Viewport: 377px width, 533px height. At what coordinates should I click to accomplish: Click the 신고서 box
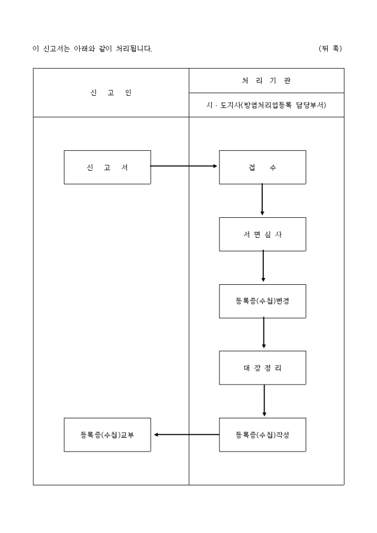(107, 167)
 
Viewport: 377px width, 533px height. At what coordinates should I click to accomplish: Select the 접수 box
(262, 167)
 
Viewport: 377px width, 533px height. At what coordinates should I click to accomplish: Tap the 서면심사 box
(262, 234)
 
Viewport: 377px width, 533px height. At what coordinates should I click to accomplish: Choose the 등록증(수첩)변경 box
(262, 301)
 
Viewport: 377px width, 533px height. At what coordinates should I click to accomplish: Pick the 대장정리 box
(262, 368)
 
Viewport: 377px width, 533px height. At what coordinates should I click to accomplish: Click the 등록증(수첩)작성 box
(262, 435)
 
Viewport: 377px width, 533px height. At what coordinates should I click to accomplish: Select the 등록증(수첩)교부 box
(107, 435)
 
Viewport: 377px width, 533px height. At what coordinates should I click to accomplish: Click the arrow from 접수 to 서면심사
(262, 200)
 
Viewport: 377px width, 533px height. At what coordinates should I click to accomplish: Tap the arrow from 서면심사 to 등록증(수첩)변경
(263, 267)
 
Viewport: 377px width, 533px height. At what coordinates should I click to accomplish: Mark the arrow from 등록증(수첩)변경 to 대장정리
(263, 334)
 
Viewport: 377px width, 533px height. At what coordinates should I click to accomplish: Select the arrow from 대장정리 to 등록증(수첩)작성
(264, 401)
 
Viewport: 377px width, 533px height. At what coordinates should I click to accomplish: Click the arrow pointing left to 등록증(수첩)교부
(186, 435)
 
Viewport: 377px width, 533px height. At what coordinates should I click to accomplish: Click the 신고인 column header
(111, 93)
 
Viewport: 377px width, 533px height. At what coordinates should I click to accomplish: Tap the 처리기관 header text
(266, 81)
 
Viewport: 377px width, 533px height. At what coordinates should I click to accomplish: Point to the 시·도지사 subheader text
(266, 105)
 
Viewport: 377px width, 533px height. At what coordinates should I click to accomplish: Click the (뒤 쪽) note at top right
(330, 49)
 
